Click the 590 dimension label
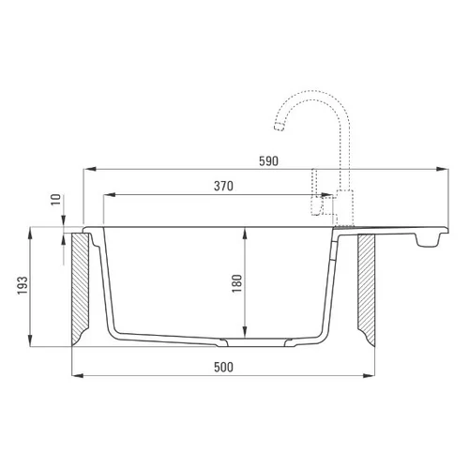[x=268, y=161]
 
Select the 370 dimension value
[x=223, y=186]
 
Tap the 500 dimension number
[x=223, y=367]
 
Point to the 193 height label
[x=23, y=285]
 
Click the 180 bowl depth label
[x=237, y=283]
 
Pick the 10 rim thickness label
[x=56, y=200]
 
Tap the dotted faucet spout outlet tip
[x=280, y=127]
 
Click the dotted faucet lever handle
[x=316, y=192]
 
